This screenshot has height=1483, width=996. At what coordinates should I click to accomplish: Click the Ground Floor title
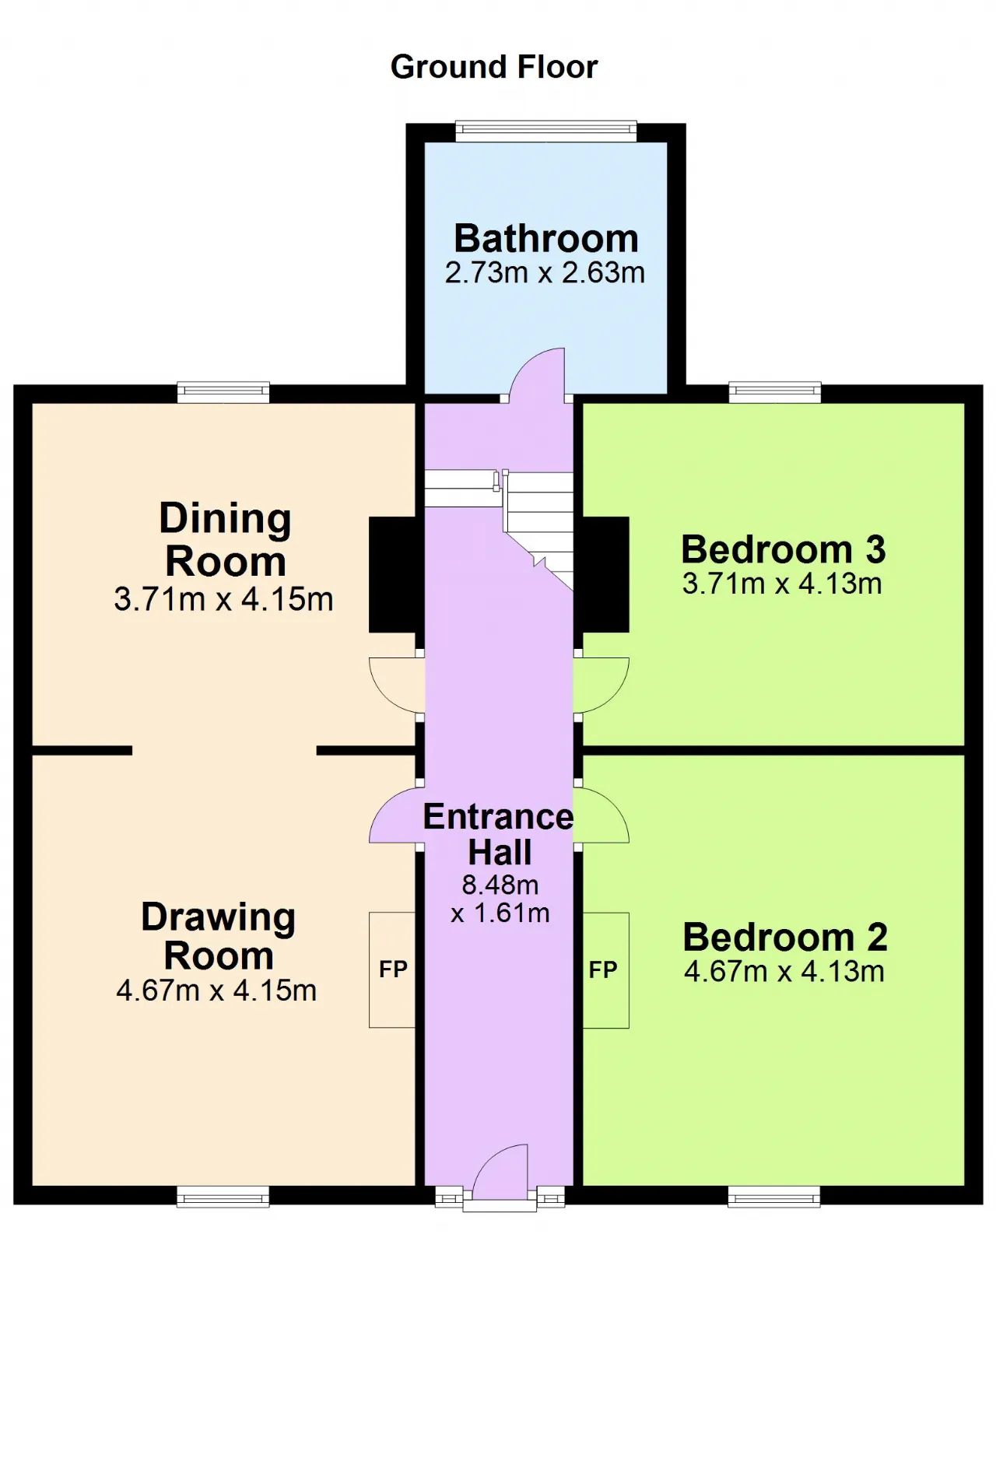[x=494, y=68]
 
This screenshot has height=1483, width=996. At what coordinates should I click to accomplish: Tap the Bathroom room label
[x=546, y=238]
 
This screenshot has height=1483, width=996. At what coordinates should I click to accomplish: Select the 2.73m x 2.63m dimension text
[x=545, y=273]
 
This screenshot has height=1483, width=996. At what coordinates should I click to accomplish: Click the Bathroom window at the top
[x=546, y=131]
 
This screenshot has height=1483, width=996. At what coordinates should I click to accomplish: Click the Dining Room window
[x=223, y=392]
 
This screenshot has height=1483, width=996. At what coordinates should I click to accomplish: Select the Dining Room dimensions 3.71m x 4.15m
[x=223, y=600]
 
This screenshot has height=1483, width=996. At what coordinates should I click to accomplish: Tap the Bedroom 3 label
[x=784, y=549]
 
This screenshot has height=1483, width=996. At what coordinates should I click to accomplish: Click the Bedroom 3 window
[x=775, y=392]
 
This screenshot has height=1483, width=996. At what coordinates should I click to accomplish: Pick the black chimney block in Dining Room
[x=393, y=574]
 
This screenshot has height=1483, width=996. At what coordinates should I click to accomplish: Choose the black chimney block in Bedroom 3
[x=605, y=574]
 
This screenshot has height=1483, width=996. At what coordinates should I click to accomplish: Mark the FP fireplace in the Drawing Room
[x=392, y=969]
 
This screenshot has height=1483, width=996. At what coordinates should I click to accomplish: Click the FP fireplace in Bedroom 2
[x=605, y=970]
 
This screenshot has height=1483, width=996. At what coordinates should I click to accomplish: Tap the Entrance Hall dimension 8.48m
[x=500, y=885]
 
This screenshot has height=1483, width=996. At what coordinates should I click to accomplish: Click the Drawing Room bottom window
[x=223, y=1197]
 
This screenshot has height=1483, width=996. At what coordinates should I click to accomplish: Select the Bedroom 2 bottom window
[x=774, y=1197]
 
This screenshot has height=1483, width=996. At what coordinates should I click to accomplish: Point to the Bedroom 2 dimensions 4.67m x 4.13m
[x=784, y=972]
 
